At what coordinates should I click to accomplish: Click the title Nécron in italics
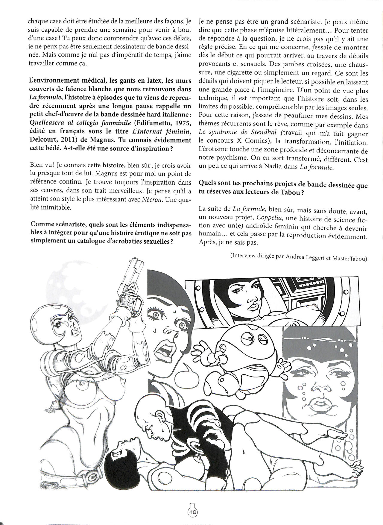coord(154,200)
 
